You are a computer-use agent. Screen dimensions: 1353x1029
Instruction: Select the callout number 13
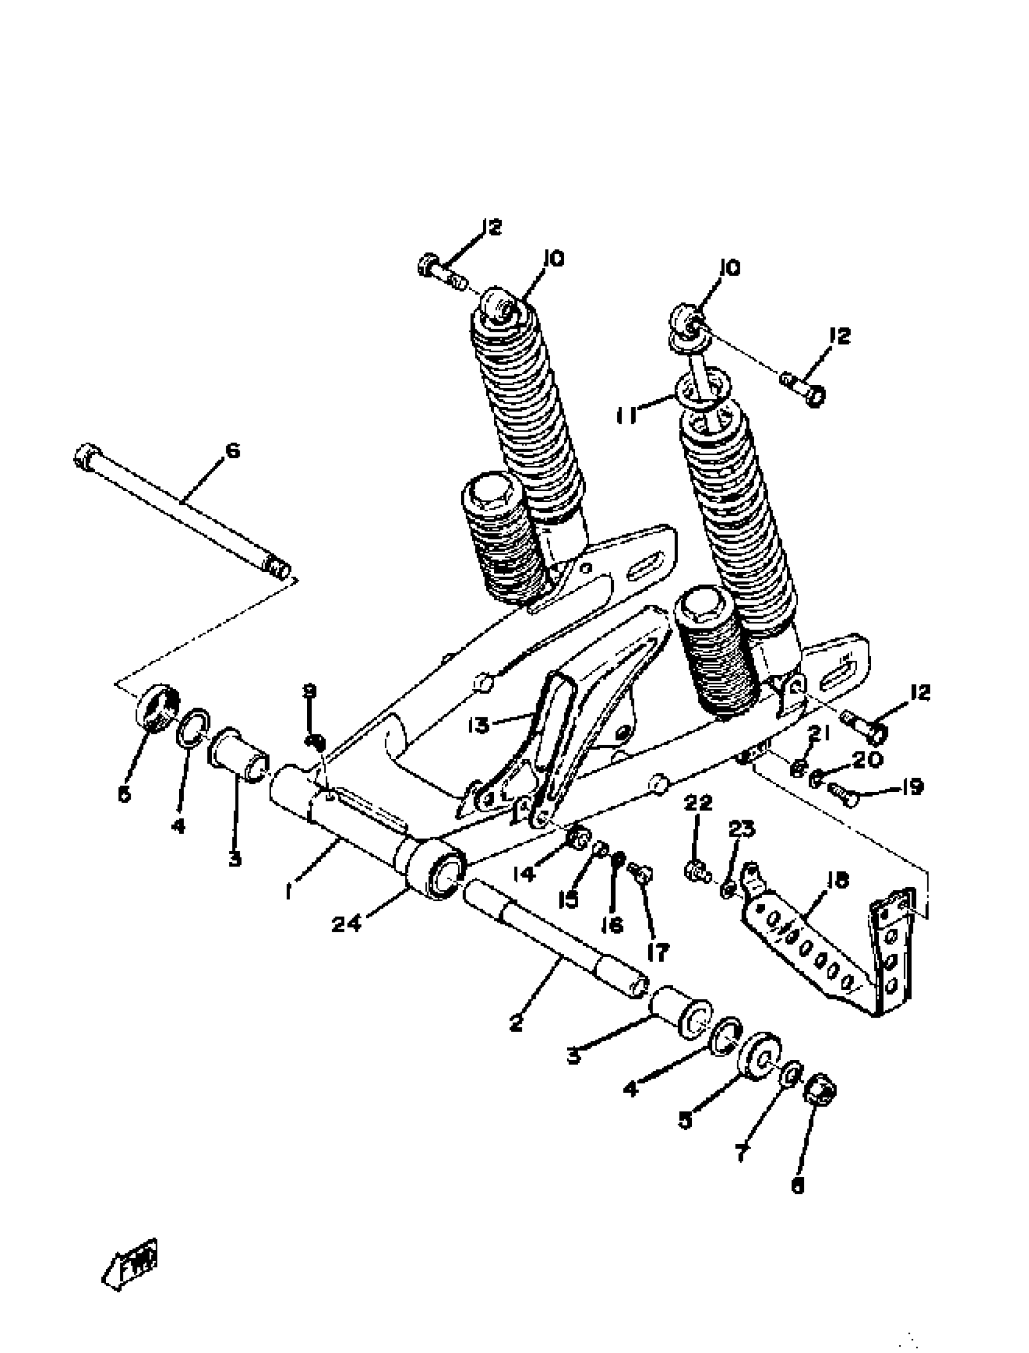(478, 725)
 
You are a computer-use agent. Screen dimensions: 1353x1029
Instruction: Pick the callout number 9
(311, 691)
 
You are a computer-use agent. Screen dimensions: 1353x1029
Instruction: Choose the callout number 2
(516, 1022)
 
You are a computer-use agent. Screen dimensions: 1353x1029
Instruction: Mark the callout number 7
(741, 1153)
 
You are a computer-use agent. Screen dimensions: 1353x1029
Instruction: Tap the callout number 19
(912, 786)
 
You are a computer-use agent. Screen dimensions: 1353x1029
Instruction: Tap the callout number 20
(867, 760)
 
